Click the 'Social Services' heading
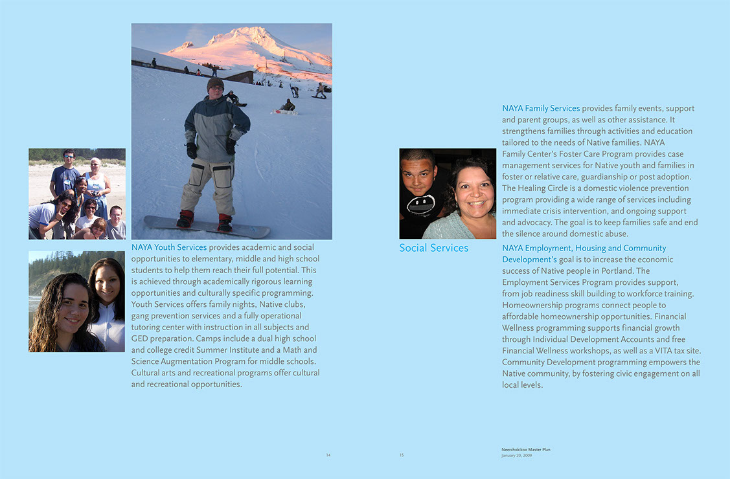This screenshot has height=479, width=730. click(433, 248)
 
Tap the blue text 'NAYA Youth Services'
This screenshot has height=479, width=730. click(169, 247)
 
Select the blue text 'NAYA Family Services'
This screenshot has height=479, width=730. click(541, 108)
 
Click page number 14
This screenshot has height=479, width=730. click(328, 455)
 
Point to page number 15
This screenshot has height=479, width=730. click(402, 455)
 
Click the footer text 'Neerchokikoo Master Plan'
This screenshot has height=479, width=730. click(525, 449)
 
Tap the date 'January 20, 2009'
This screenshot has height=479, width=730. click(516, 455)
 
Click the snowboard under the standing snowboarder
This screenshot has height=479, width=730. click(207, 227)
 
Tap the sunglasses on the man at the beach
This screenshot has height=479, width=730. click(69, 157)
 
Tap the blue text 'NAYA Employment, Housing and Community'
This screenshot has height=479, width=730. click(584, 248)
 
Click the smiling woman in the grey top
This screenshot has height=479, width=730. click(468, 194)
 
